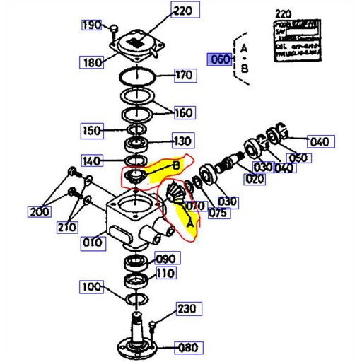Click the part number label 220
point(183,11)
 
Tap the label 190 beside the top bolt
point(92,25)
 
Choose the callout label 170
point(183,75)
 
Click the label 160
point(183,112)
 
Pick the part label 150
point(93,130)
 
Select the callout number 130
point(183,141)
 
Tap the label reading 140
point(93,160)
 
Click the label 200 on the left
point(40,211)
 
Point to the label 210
point(67,227)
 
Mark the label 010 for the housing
point(93,243)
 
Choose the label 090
point(165,258)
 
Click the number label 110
point(165,273)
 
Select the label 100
point(91,287)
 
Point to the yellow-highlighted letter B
point(176,166)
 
